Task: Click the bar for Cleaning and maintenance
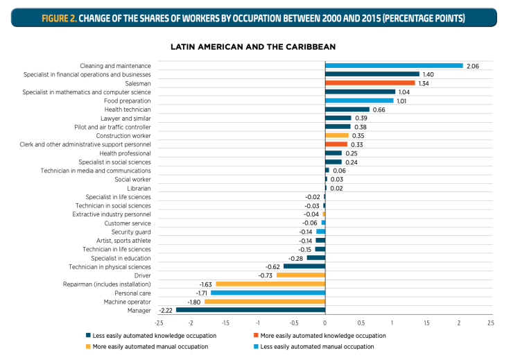(x=394, y=66)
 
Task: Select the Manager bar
(x=250, y=310)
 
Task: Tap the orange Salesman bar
(x=370, y=83)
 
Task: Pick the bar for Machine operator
(x=264, y=302)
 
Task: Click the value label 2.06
(x=473, y=66)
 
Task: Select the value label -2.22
(x=166, y=310)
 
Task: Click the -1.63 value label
(x=205, y=284)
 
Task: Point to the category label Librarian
(x=139, y=188)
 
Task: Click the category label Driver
(x=142, y=275)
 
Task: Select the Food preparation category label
(x=128, y=101)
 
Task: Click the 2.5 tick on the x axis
(x=490, y=323)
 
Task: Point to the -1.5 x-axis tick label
(x=225, y=323)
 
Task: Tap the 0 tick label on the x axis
(x=325, y=323)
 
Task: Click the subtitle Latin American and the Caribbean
(x=253, y=46)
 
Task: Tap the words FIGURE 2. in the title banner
(x=58, y=17)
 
